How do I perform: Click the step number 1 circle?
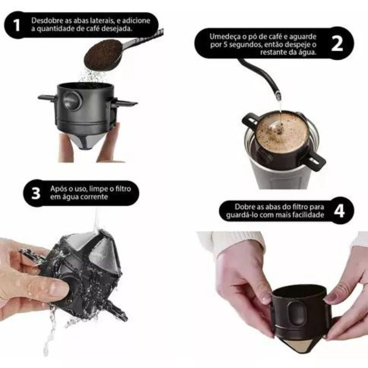pos(17,25)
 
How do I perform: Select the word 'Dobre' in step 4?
pos(245,207)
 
